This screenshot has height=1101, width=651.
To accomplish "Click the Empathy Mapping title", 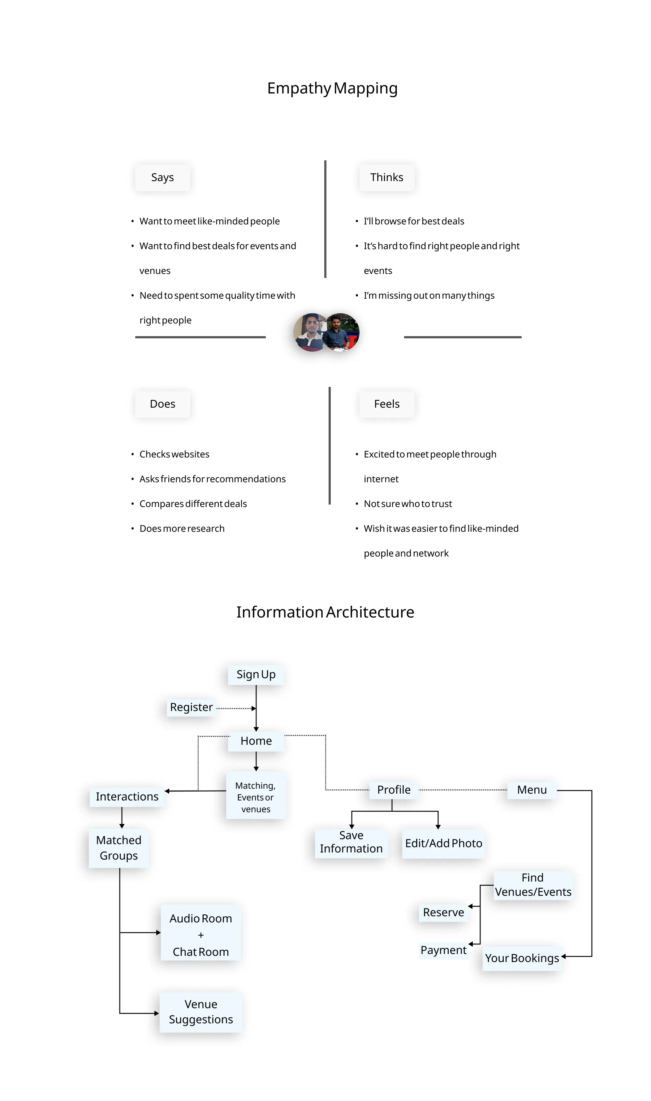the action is click(x=332, y=88).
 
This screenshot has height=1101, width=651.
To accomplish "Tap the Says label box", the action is click(x=162, y=177).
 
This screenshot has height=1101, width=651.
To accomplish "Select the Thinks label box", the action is click(x=386, y=177).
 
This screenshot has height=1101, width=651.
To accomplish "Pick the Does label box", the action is click(x=162, y=404).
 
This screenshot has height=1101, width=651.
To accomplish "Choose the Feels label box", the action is click(x=386, y=404).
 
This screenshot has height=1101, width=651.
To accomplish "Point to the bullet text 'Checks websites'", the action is click(x=174, y=454).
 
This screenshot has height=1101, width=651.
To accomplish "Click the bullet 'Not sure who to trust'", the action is click(x=407, y=504).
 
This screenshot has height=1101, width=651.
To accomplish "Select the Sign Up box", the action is click(x=256, y=674).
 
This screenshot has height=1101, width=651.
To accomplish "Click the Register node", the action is click(x=191, y=707).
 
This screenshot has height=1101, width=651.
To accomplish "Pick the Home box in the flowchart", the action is click(x=256, y=741).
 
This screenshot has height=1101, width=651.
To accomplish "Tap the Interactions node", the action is click(x=127, y=796).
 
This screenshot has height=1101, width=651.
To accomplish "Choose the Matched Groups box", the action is click(x=119, y=848).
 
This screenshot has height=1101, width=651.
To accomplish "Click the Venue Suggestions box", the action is click(x=201, y=1012).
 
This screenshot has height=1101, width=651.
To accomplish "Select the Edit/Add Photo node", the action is click(x=443, y=843).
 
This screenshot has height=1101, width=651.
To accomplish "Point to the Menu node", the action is click(x=532, y=790).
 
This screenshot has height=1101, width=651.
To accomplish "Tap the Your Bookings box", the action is click(x=522, y=958).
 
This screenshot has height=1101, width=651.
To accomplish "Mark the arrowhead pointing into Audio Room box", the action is click(x=158, y=933).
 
